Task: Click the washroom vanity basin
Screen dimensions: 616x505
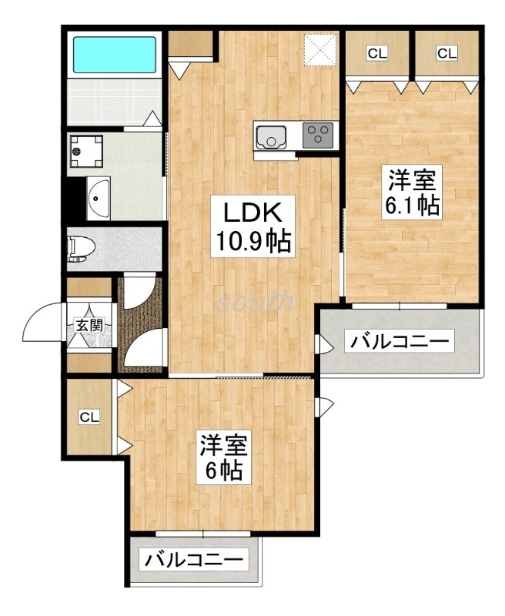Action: (98, 198)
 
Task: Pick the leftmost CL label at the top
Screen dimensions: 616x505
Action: (376, 53)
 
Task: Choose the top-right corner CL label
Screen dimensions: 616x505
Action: (446, 53)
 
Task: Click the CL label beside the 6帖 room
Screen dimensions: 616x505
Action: (90, 417)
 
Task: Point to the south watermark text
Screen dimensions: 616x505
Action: (255, 301)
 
